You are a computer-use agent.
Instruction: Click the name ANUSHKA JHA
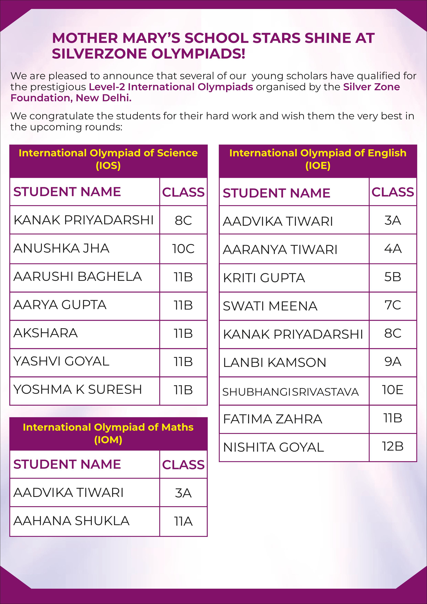pyautogui.click(x=61, y=248)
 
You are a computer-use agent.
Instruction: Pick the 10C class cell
pyautogui.click(x=183, y=249)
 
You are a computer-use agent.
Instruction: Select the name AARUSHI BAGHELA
pyautogui.click(x=78, y=277)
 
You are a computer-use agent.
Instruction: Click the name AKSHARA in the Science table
pyautogui.click(x=45, y=333)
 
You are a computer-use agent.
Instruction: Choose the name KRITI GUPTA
pyautogui.click(x=264, y=278)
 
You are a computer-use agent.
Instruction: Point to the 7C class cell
pyautogui.click(x=393, y=305)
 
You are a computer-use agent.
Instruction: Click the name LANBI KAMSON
pyautogui.click(x=275, y=362)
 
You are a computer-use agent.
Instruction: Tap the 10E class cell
pyautogui.click(x=393, y=390)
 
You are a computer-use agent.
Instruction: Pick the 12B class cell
pyautogui.click(x=393, y=446)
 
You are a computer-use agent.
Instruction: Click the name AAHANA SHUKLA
pyautogui.click(x=71, y=521)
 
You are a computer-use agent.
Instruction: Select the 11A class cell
pyautogui.click(x=183, y=521)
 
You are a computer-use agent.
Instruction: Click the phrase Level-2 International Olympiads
pyautogui.click(x=171, y=87)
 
